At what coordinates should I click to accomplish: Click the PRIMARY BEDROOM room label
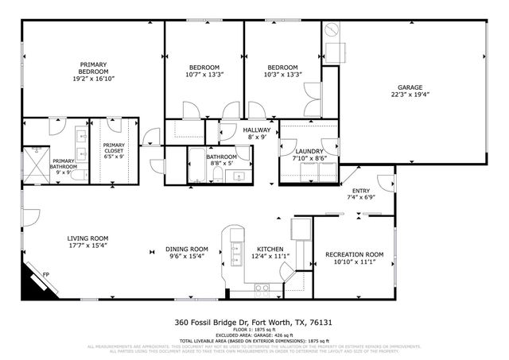tap(92, 68)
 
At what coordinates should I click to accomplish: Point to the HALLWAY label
tap(257, 130)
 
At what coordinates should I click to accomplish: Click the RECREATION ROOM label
tap(354, 255)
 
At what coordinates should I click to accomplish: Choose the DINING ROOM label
tap(187, 248)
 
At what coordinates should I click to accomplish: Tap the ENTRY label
tap(362, 191)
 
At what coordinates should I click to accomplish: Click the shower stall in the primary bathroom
tap(36, 165)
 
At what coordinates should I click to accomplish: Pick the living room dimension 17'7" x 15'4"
tap(87, 246)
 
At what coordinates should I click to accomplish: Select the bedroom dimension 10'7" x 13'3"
tap(204, 75)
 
